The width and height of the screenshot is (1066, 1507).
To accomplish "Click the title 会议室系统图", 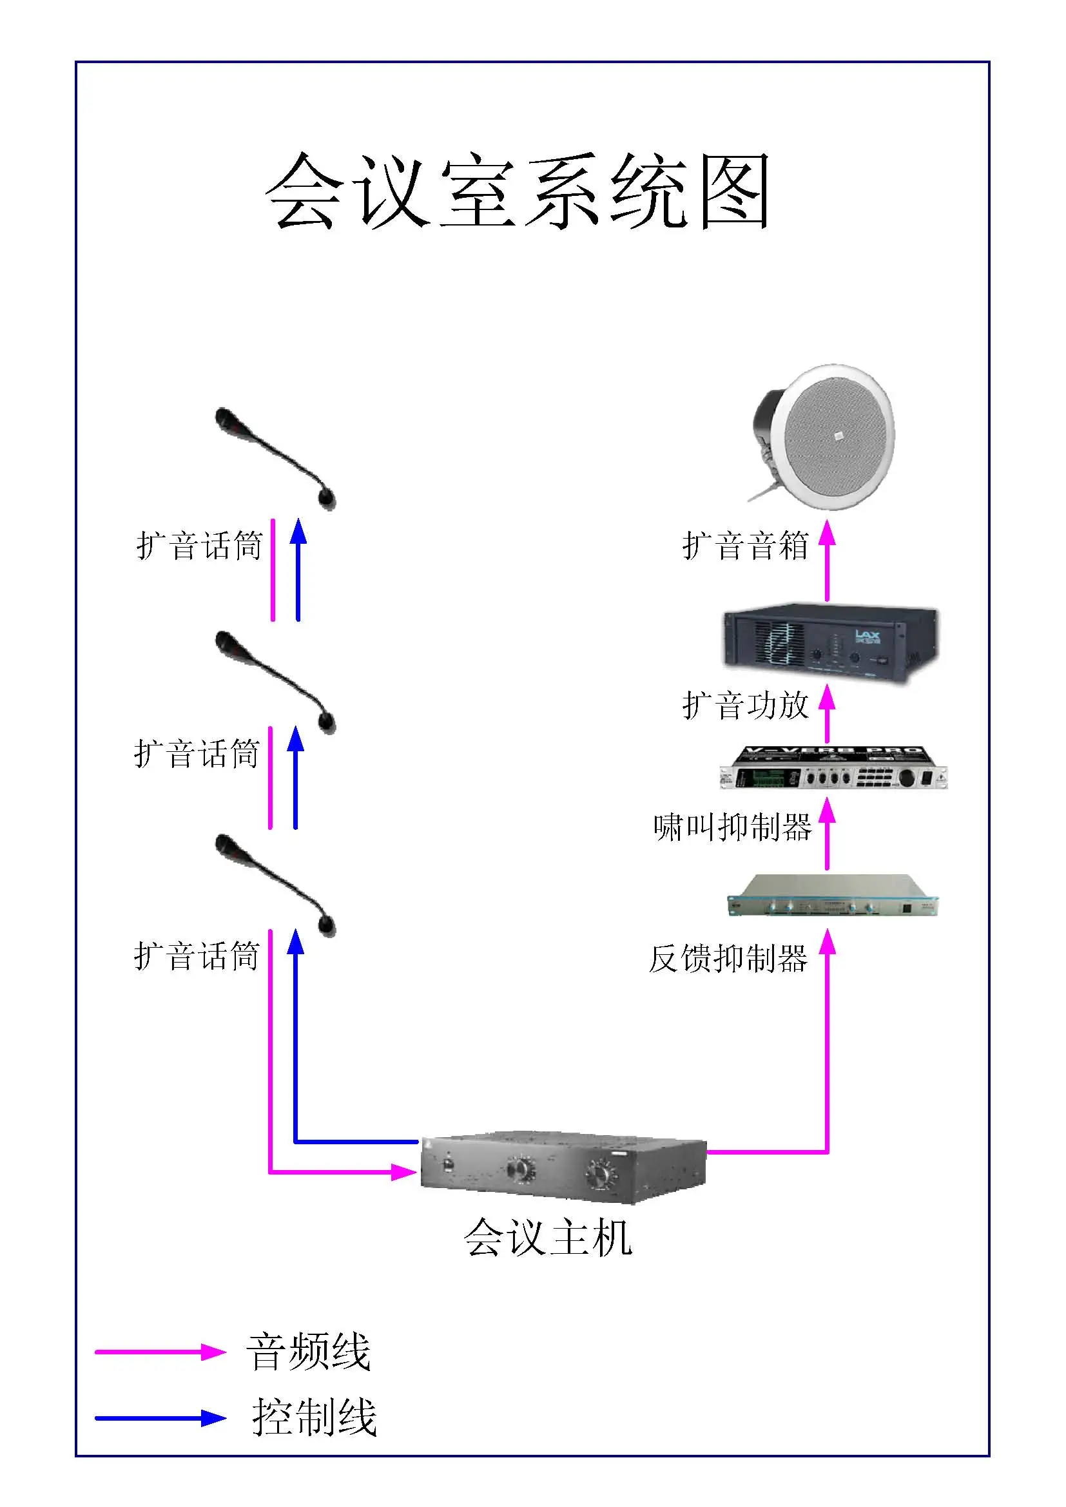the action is point(518,190).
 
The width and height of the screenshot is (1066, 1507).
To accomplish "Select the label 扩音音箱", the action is point(745,546).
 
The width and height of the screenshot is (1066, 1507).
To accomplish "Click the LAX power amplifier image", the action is point(831,643).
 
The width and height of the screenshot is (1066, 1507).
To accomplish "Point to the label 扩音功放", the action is point(745,706).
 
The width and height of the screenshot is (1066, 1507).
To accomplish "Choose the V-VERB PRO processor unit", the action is point(833,767).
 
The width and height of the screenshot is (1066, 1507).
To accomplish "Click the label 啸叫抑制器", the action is point(733,827).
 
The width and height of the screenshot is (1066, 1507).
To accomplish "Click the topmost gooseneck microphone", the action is point(276,458).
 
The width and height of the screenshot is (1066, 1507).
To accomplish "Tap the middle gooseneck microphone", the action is point(276,682).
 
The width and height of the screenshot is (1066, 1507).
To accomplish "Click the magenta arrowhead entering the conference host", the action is point(405,1172).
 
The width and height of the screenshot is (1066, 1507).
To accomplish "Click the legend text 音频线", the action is point(309,1352).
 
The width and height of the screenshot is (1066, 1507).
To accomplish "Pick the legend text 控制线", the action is point(315,1417).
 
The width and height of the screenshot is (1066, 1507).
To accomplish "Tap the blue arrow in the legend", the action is point(161,1417).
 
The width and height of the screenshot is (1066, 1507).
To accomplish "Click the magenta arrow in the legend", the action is point(161,1352).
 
